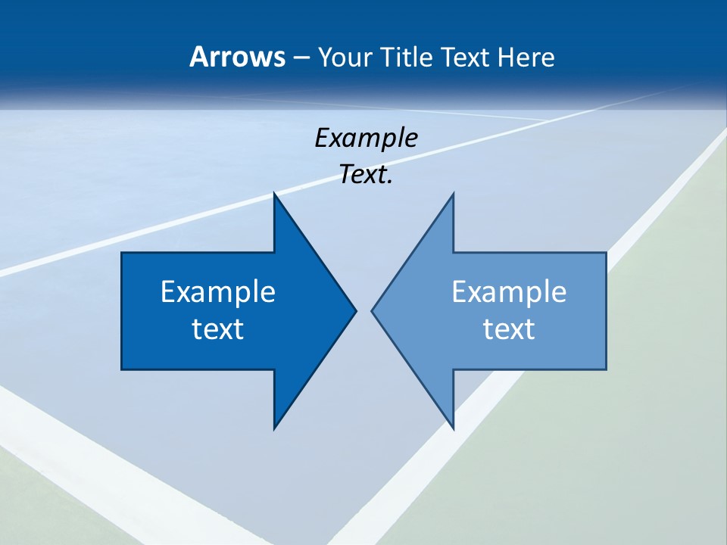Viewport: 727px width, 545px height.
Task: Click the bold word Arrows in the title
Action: [x=236, y=58]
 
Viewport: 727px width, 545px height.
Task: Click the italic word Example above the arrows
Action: [x=366, y=138]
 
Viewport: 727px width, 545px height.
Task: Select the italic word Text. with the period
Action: [x=366, y=174]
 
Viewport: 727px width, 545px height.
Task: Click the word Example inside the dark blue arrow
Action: [x=218, y=291]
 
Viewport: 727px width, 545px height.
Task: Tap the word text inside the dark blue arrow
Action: [x=218, y=329]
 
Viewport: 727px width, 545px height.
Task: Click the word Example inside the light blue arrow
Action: [x=509, y=291]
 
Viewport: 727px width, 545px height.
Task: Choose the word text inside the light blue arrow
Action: [x=509, y=329]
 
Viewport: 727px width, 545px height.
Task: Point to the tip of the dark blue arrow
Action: [x=355, y=310]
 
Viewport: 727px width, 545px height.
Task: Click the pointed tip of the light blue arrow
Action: [x=372, y=310]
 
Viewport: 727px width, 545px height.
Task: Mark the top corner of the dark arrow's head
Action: [x=274, y=194]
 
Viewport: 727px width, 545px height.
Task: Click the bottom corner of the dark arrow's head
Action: [x=274, y=428]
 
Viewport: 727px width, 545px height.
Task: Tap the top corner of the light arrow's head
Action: [x=453, y=194]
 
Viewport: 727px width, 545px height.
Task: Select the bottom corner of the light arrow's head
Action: [x=453, y=428]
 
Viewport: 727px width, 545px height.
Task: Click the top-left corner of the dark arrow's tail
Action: [x=122, y=254]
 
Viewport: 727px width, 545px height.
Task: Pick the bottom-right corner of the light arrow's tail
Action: [x=606, y=369]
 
